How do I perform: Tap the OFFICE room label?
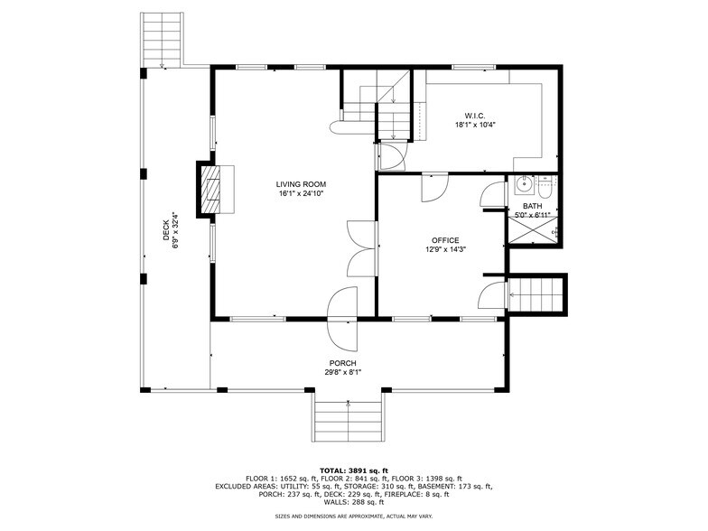pos(445,239)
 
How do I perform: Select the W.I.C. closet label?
pos(475,116)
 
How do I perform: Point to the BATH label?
pos(533,206)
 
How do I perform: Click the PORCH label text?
pos(343,363)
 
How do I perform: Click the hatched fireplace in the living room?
pos(210,189)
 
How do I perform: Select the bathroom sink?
pos(522,187)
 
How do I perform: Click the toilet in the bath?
pos(545,187)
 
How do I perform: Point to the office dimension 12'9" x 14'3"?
pos(445,249)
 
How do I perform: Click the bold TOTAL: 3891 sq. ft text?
pos(353,470)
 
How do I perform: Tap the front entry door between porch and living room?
pos(343,318)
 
